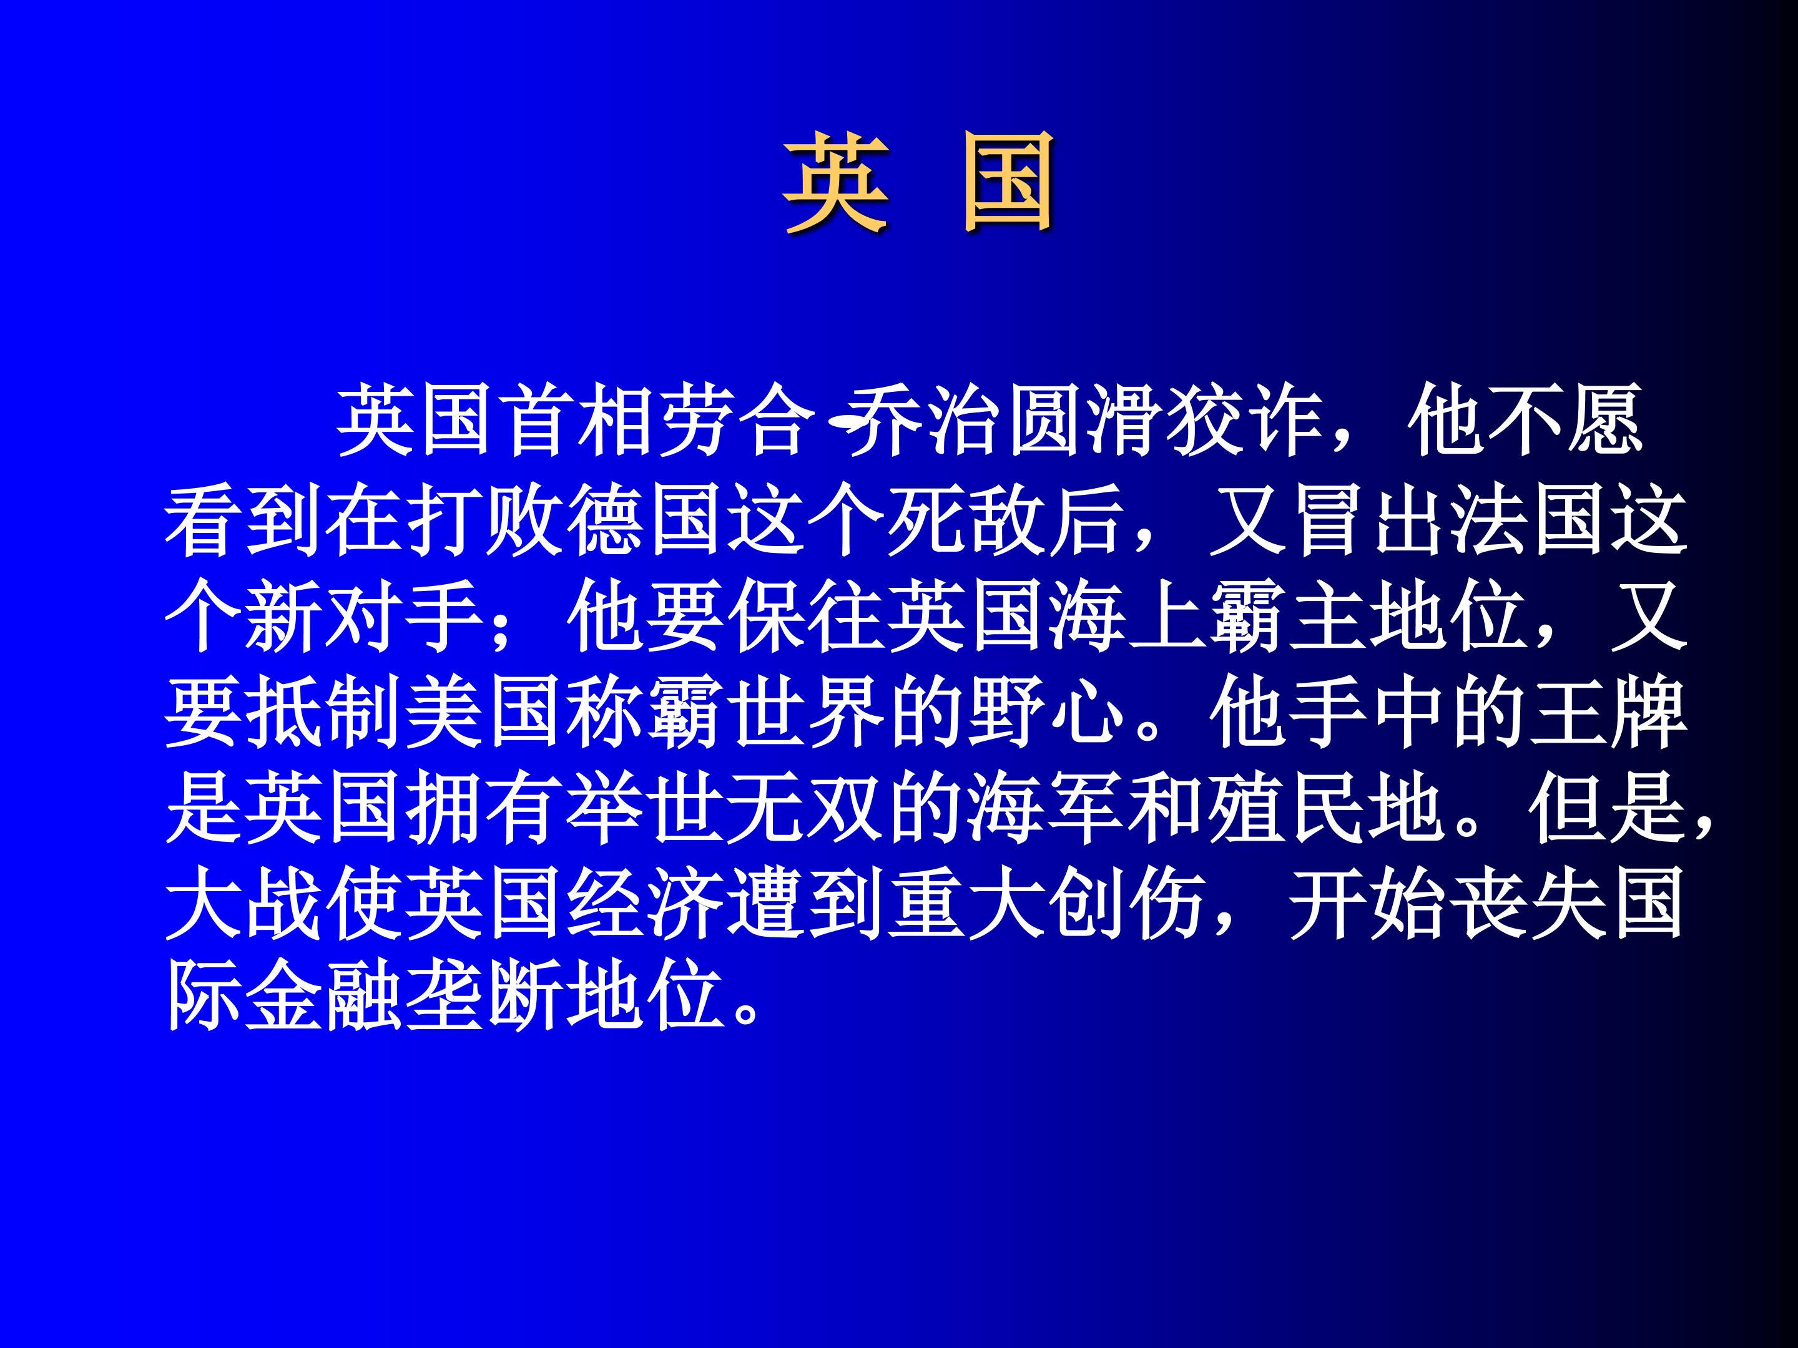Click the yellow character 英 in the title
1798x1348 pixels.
click(835, 185)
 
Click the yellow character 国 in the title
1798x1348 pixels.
click(1008, 185)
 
